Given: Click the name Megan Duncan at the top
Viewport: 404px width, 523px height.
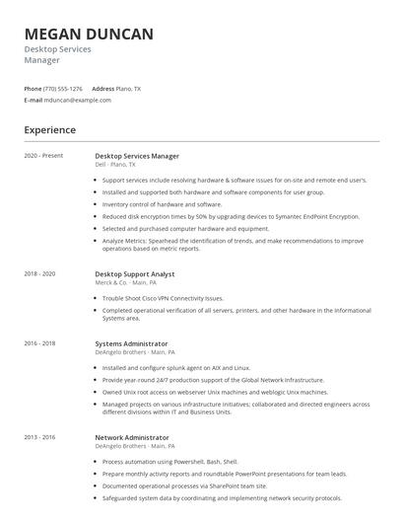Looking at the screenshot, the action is [89, 35].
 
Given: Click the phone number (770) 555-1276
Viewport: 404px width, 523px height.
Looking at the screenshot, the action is [64, 89].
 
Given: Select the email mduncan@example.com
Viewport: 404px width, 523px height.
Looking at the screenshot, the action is [78, 100].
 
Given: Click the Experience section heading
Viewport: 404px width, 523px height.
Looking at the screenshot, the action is [50, 129].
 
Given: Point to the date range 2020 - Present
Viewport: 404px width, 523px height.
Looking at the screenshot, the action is [43, 156].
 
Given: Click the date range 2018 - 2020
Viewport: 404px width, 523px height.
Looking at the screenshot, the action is [39, 273].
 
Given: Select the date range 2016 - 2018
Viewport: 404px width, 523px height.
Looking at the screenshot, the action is [39, 343].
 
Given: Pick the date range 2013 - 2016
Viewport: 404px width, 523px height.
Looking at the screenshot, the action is [39, 436].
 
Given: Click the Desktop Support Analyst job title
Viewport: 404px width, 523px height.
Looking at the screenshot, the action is [135, 273].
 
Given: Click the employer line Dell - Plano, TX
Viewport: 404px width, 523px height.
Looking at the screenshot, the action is [115, 165].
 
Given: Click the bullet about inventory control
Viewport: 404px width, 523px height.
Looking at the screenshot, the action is [162, 204].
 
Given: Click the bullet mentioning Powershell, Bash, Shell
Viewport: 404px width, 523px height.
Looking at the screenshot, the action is [169, 461].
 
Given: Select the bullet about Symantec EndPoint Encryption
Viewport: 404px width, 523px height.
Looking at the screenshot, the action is [231, 216].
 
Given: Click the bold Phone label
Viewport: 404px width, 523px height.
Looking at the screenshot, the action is [33, 89].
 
